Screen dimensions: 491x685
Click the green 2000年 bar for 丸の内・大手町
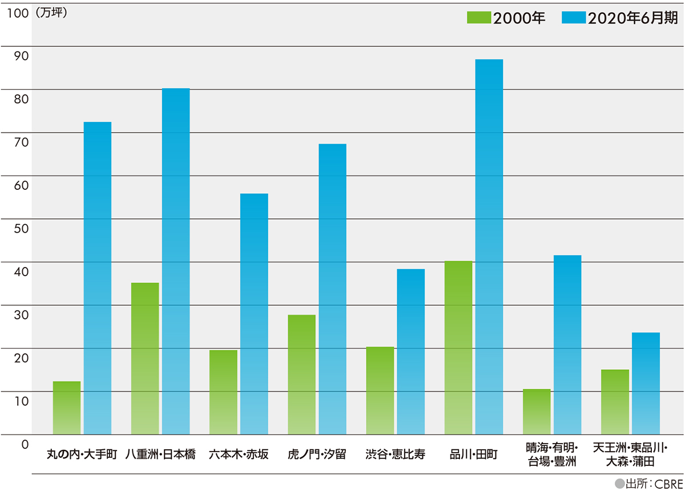tap(67, 408)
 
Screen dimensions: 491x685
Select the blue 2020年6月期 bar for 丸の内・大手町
tap(98, 278)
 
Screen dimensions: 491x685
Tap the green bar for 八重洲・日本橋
tap(145, 358)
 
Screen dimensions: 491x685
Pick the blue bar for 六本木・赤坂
tap(254, 314)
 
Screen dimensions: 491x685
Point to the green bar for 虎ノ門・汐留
tap(301, 374)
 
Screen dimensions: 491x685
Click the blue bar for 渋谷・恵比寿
tap(411, 352)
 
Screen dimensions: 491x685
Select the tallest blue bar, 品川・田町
tap(489, 246)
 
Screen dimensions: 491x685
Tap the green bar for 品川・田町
tap(458, 348)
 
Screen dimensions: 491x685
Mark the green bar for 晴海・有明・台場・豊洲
tap(537, 412)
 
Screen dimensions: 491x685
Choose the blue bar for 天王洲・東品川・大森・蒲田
tap(646, 383)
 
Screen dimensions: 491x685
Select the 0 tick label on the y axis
tap(25, 443)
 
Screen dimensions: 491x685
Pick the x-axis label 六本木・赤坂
tap(239, 455)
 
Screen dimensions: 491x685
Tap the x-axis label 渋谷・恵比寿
tap(396, 455)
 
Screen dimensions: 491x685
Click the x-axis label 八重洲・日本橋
tap(160, 455)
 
